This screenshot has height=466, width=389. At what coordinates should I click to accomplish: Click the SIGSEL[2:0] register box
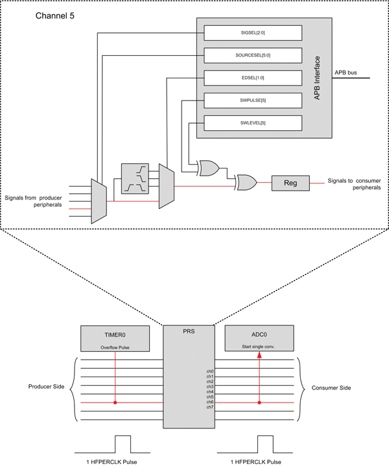click(253, 32)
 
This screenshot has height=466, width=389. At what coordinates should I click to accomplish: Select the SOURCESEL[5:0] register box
click(253, 54)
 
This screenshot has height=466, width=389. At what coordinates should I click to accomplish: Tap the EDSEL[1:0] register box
click(253, 77)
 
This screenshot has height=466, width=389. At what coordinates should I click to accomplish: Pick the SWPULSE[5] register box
click(253, 100)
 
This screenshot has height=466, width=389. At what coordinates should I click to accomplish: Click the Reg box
click(290, 183)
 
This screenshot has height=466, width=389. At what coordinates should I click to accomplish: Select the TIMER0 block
click(115, 339)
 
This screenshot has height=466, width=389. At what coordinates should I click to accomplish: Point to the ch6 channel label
click(210, 402)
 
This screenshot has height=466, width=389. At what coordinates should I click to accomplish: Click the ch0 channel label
click(210, 371)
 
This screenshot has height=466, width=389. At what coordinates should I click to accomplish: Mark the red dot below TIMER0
click(115, 402)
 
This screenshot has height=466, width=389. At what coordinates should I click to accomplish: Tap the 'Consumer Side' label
click(333, 387)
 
